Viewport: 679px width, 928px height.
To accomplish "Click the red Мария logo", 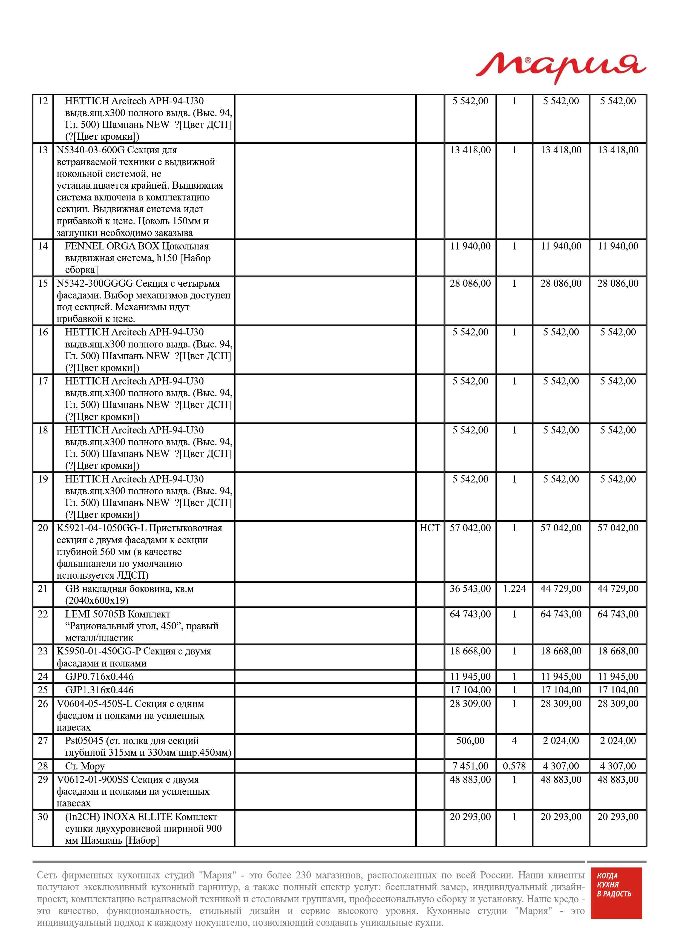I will [x=561, y=68].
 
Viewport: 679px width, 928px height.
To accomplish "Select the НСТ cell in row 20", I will [x=430, y=528].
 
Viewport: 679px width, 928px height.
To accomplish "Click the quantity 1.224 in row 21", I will [x=514, y=589].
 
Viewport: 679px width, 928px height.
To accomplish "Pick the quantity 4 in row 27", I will [x=514, y=741].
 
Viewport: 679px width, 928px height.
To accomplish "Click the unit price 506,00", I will [x=470, y=741].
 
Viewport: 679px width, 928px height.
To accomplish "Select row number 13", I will [x=43, y=150].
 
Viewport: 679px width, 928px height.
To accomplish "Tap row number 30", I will [x=43, y=817].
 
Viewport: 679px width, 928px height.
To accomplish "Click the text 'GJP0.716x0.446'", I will [x=99, y=676].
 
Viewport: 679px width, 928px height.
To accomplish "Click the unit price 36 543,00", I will [x=470, y=589].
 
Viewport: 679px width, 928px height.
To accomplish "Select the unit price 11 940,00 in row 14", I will [x=470, y=246].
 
